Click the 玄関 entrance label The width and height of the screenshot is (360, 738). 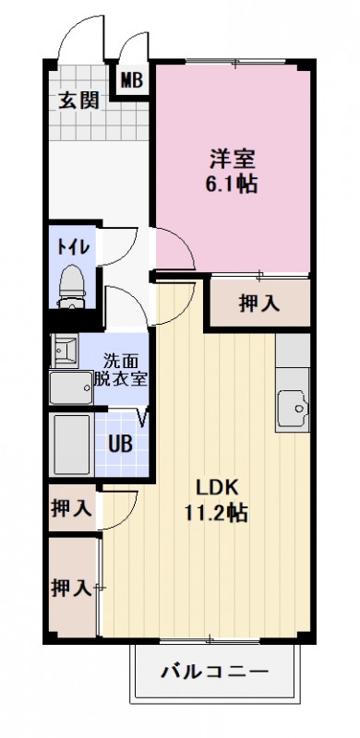click(x=78, y=100)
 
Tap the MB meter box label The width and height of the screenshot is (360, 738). click(x=131, y=80)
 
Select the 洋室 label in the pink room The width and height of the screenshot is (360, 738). click(x=230, y=157)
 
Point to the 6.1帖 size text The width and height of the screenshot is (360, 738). click(x=230, y=184)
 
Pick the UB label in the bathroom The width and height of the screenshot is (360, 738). click(x=121, y=442)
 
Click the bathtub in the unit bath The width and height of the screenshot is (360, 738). click(x=72, y=445)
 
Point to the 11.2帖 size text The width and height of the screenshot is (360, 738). click(x=219, y=513)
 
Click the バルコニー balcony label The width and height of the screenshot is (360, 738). click(x=217, y=671)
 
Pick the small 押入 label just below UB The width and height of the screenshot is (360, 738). click(x=71, y=506)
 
